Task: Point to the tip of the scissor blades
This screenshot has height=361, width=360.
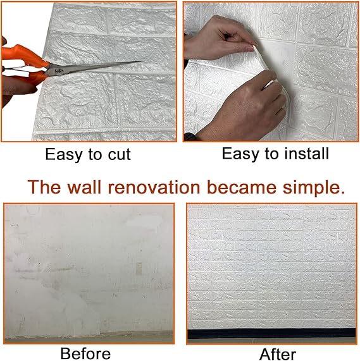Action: [142, 62]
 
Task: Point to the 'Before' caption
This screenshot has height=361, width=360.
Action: [85, 353]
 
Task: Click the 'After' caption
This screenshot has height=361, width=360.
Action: [276, 353]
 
